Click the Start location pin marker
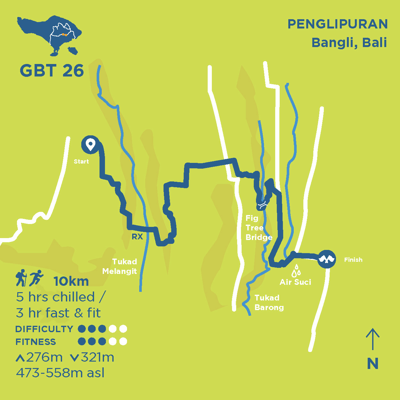point(91,145)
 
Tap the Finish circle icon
point(327,259)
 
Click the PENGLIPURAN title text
point(338,24)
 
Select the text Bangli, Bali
point(349,43)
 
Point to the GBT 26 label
point(52,70)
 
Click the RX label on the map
point(137,236)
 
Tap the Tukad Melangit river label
point(120,266)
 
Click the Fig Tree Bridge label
point(259,228)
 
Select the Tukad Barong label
point(269,302)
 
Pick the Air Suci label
point(295,282)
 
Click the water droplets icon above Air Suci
point(296,271)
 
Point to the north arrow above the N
point(372,339)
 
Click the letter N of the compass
point(373,364)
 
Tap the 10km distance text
point(71,281)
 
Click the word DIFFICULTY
point(44,329)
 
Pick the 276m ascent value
point(44,357)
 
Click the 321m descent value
point(97,357)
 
